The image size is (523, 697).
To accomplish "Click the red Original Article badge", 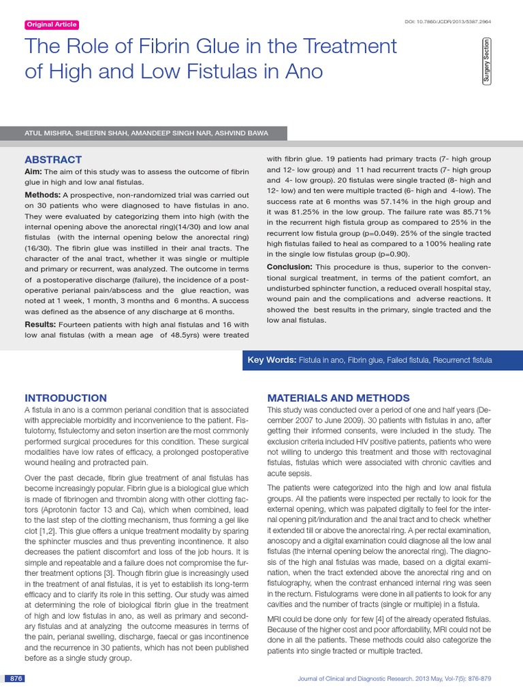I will (x=52, y=25).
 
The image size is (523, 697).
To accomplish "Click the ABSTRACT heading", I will (x=53, y=159).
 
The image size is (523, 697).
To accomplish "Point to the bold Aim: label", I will (x=34, y=172).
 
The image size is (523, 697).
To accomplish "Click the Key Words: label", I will (x=272, y=359).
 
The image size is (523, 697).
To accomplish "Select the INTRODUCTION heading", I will (x=65, y=398).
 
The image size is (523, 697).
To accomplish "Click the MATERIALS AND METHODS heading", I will (x=338, y=398).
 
